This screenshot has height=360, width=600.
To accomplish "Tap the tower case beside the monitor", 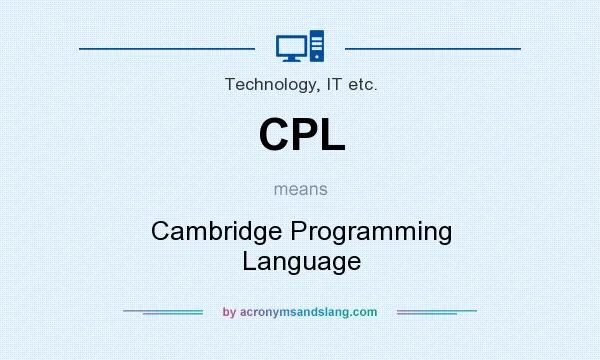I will tap(316, 46).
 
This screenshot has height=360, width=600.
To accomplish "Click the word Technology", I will tap(267, 85).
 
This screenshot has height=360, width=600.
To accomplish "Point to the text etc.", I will tap(361, 85).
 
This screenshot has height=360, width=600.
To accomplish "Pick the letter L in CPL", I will tap(332, 135).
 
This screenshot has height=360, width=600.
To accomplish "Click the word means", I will tap(301, 188).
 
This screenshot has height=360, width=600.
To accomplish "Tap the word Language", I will tap(301, 261).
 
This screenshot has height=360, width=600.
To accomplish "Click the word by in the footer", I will tap(229, 312).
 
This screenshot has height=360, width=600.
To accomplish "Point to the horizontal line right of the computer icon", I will tap(432, 47).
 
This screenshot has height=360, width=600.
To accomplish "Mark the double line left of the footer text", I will tap(163, 312).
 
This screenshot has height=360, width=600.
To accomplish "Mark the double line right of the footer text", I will tap(437, 312).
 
